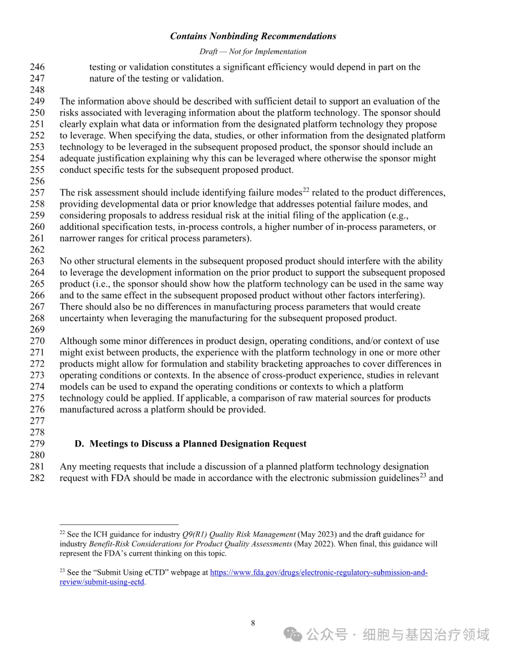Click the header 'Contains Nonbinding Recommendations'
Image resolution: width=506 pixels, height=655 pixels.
point(253,36)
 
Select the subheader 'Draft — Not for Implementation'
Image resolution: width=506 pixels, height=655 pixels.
point(253,52)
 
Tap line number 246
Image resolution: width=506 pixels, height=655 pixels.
point(37,67)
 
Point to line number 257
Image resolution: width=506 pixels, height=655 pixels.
point(37,193)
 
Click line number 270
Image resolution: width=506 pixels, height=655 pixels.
point(37,341)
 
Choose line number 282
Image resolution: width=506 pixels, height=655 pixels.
point(37,478)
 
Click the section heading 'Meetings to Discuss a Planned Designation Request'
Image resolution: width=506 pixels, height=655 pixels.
point(198,444)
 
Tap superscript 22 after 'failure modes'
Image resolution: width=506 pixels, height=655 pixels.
point(306,190)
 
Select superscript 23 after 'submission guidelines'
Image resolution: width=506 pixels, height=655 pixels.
point(423,475)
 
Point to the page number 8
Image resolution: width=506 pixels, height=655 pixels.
point(253,623)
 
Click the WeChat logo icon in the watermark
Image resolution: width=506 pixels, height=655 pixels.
point(294,635)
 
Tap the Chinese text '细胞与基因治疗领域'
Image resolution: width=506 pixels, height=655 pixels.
point(426,635)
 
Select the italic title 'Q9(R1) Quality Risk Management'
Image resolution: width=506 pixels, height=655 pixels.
point(239,534)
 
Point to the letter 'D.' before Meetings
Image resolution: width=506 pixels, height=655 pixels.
point(79,444)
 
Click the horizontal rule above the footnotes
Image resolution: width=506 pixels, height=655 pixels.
point(119,524)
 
